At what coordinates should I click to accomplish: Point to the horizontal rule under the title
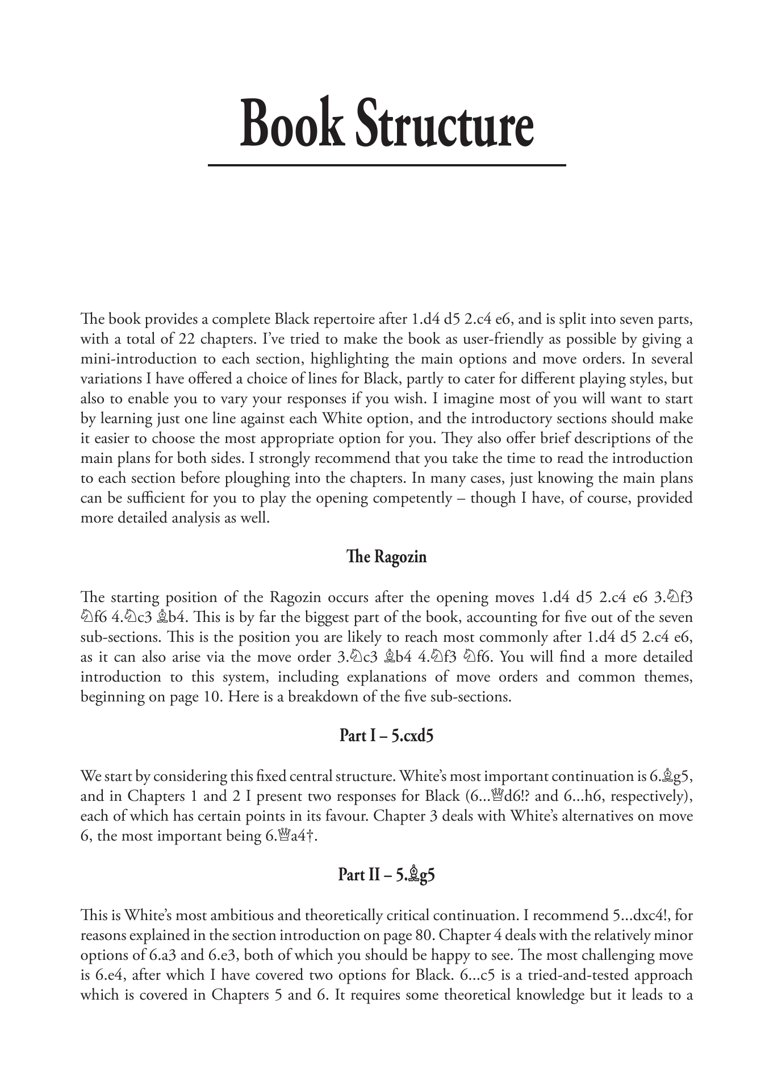pos(387,165)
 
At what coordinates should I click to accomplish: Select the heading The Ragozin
pos(386,557)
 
